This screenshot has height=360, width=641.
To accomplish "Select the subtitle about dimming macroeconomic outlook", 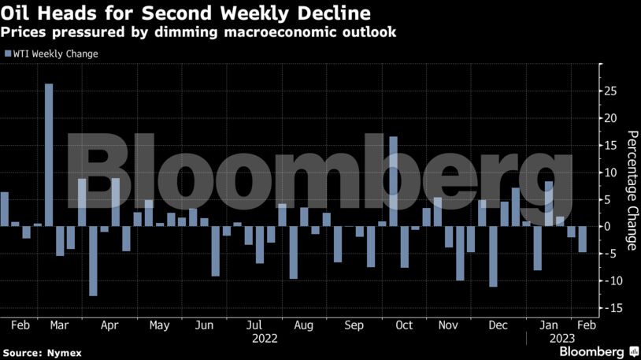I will click(x=198, y=33).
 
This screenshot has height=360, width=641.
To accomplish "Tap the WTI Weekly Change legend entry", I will click(x=51, y=54).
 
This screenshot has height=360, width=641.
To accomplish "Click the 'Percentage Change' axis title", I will click(x=632, y=190).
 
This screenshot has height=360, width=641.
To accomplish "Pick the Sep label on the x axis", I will click(x=354, y=325).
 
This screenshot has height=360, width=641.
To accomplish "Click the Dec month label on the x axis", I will click(x=498, y=325).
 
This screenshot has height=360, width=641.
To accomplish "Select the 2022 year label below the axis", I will click(x=264, y=339).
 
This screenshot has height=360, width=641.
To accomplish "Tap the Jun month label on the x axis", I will click(x=204, y=325).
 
